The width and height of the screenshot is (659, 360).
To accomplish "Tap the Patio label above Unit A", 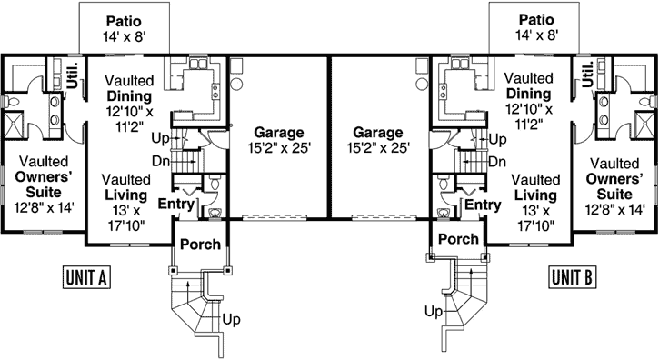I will (123, 20).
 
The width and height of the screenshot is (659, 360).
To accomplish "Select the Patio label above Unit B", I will (535, 20).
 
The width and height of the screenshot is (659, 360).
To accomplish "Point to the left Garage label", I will (280, 131).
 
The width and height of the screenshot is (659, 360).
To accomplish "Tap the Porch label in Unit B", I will (459, 239).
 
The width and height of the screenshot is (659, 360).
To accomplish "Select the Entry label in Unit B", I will (483, 205).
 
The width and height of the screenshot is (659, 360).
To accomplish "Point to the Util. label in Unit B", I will (587, 73).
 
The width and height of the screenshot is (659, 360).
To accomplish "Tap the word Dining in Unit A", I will (128, 95).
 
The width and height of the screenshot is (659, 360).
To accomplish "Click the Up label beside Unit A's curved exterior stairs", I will (232, 319).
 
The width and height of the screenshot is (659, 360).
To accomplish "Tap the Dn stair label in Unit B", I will (497, 162).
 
